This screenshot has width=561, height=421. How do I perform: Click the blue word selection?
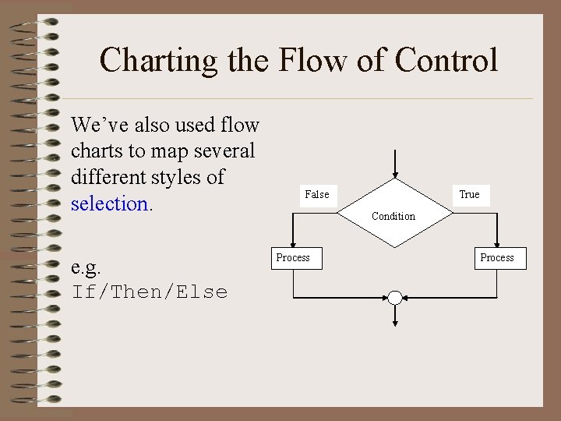109,203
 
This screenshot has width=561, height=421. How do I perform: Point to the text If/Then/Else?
150,292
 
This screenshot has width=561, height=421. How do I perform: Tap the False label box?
316,194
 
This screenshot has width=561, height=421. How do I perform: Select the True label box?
469,194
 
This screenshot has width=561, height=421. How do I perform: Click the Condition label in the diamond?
393,216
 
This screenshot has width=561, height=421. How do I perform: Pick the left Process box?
293,257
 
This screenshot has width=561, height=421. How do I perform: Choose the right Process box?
497,257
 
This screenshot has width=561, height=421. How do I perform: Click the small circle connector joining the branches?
395,298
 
